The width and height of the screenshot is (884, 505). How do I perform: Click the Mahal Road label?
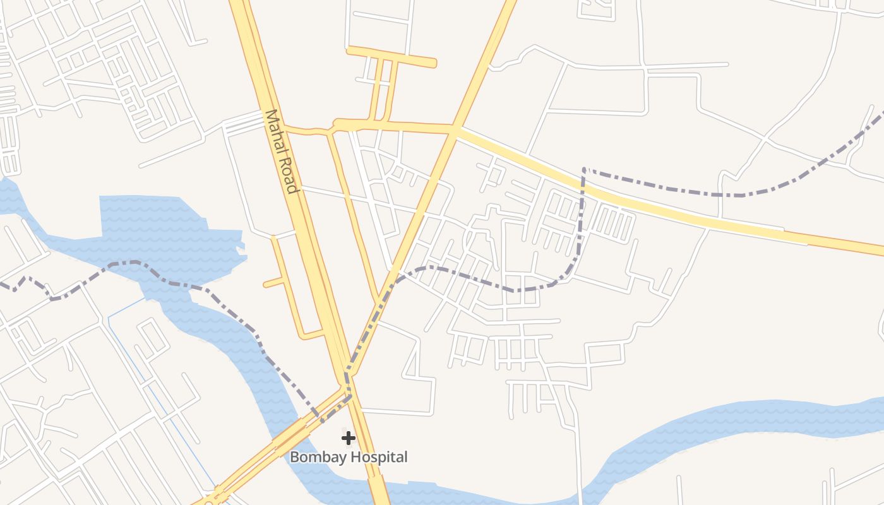pyautogui.click(x=280, y=151)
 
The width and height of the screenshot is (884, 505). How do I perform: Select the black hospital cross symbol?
pyautogui.click(x=348, y=437)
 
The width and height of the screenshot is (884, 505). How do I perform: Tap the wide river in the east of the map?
pyautogui.click(x=726, y=423)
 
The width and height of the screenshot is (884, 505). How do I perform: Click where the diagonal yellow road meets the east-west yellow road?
pyautogui.click(x=453, y=129)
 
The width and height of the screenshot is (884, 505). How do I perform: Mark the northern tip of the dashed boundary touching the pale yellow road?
pyautogui.click(x=584, y=169)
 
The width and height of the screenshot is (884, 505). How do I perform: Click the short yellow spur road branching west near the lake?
pyautogui.click(x=273, y=283)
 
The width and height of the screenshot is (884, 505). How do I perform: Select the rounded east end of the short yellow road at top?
pyautogui.click(x=433, y=63)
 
